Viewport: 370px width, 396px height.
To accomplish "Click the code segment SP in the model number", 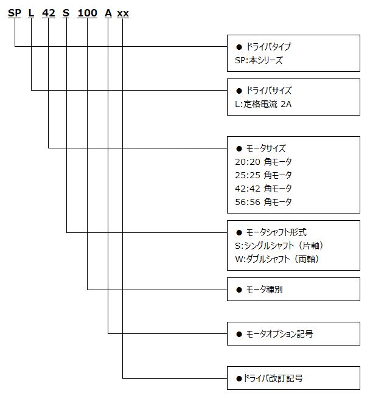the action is [x=15, y=13].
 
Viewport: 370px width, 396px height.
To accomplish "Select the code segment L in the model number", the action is [x=31, y=13].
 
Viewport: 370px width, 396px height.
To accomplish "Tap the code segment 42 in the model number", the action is [x=49, y=13].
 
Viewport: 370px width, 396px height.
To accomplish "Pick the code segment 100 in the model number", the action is [x=87, y=13].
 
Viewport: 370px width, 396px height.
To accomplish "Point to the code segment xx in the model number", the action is [x=123, y=13].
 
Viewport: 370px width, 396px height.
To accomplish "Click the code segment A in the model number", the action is [x=108, y=13].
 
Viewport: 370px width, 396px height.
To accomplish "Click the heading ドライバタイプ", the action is [x=268, y=47].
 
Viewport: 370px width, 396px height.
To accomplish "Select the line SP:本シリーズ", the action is [x=259, y=60].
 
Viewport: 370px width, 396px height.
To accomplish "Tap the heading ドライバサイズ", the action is [x=269, y=91].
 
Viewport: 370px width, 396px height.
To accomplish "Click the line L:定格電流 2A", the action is [x=263, y=104].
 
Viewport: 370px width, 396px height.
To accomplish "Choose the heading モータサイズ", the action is [x=266, y=148].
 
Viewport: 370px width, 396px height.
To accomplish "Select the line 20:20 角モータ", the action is [x=264, y=162].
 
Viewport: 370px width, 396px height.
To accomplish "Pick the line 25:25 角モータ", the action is [x=264, y=175].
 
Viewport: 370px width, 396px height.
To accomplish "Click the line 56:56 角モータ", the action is [x=264, y=202].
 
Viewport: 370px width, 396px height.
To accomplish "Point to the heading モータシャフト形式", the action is [x=276, y=232].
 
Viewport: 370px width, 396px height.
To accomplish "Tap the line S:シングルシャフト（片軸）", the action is [x=279, y=246].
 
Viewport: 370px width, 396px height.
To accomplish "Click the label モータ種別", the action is [x=264, y=290].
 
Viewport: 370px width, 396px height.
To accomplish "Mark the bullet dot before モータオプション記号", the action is [x=239, y=335].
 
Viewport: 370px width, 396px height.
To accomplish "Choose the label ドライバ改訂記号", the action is [x=273, y=378].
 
